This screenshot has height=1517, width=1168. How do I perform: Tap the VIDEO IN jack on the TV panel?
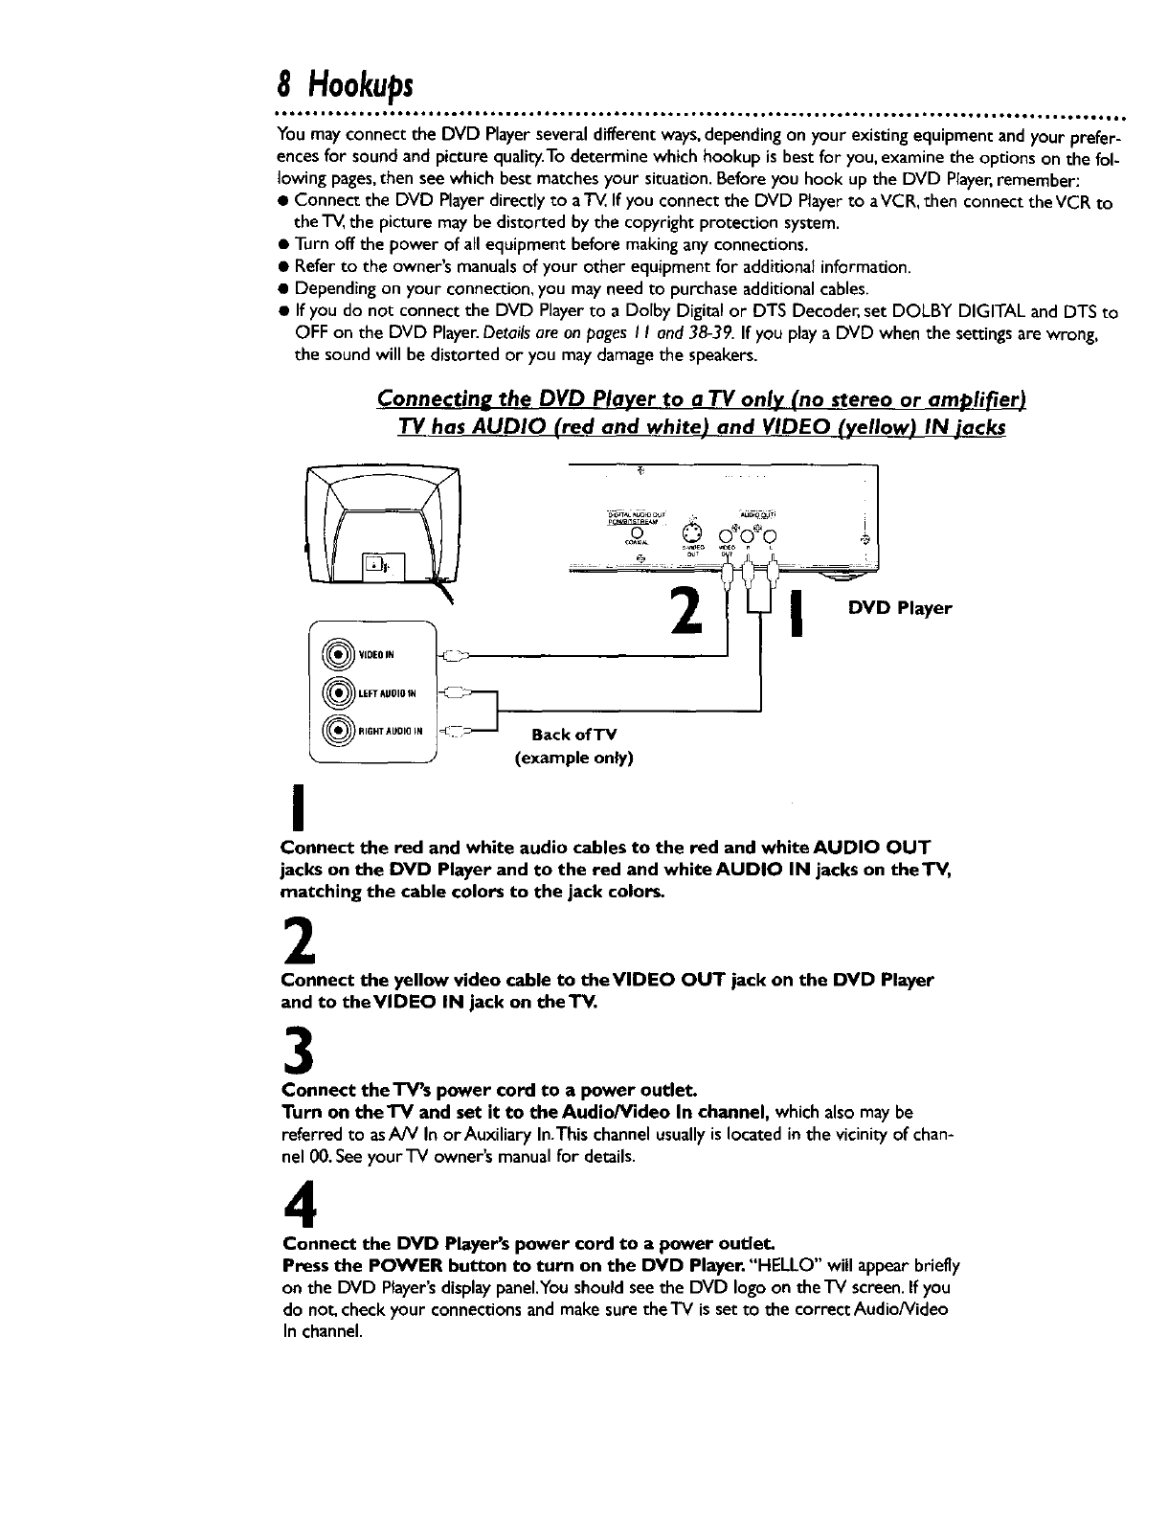(339, 655)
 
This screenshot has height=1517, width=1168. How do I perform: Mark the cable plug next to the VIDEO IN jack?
(454, 656)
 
